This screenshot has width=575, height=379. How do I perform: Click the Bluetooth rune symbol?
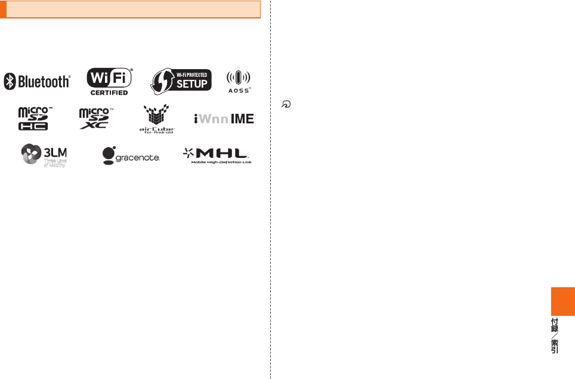tap(10, 82)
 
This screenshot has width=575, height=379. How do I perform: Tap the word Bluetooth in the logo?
tap(43, 82)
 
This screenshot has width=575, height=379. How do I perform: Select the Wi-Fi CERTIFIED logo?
tap(109, 80)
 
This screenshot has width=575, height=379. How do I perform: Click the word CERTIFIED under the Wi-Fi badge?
tap(109, 92)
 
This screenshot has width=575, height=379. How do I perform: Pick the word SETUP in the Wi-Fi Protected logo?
tap(192, 84)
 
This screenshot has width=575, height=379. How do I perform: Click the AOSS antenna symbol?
tap(239, 78)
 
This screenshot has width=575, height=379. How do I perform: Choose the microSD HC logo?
tap(34, 119)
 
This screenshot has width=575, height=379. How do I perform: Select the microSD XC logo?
tap(95, 119)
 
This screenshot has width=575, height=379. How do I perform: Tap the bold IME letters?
tap(242, 119)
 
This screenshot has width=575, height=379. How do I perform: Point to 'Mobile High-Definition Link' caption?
tap(221, 162)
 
